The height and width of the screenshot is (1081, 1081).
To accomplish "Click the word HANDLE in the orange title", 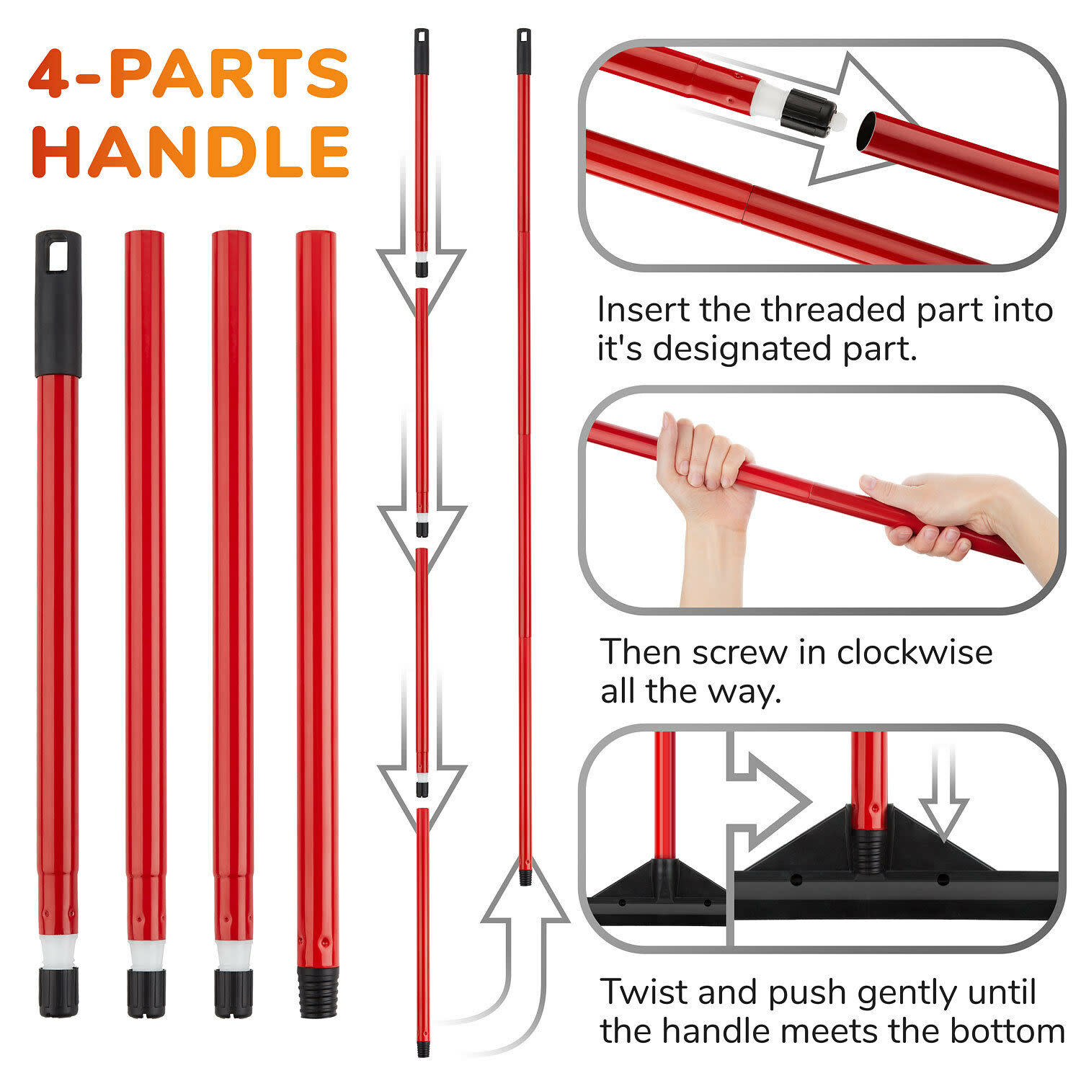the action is tap(191, 151).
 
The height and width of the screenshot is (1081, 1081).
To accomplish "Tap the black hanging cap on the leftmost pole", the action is tap(58, 303).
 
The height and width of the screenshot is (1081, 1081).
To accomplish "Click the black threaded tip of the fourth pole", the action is tap(317, 992).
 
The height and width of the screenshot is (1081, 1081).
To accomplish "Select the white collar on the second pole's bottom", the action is tap(146, 955).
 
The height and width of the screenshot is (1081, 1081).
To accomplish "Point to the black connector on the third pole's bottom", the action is tap(233, 993).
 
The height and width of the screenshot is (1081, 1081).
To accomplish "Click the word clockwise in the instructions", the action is tap(914, 652).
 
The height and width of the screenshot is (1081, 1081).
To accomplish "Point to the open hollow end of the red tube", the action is tap(868, 131).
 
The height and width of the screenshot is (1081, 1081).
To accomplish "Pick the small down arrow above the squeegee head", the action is tap(943, 793).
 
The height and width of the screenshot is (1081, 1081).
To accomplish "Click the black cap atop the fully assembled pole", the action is tap(523, 51).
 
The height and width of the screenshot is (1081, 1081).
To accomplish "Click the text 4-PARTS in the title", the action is tap(189, 73).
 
